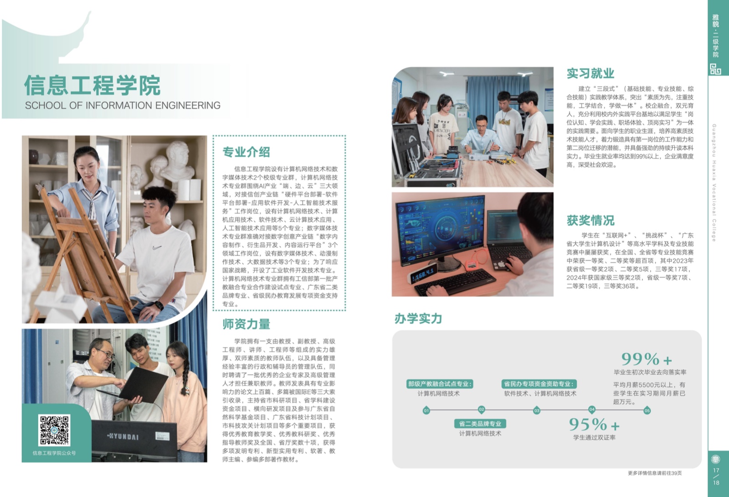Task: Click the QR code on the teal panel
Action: pos(54,430)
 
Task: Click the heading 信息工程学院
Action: pos(92,86)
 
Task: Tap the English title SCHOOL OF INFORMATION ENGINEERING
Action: pos(123,105)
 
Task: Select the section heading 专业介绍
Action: pos(246,152)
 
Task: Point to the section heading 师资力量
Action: pos(246,324)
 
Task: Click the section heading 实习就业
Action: pos(590,73)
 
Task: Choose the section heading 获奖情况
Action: pos(590,220)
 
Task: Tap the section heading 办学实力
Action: pos(418,319)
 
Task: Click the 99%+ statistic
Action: pos(647,359)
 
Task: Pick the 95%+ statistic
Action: pos(594,424)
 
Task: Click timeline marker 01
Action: pos(426,411)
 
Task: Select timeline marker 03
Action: pos(537,411)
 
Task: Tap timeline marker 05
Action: pos(647,411)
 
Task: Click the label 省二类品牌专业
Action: pos(480,424)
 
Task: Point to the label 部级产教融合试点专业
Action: pos(440,384)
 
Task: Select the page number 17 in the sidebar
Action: pos(716,470)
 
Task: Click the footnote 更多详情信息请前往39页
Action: pos(655,473)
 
